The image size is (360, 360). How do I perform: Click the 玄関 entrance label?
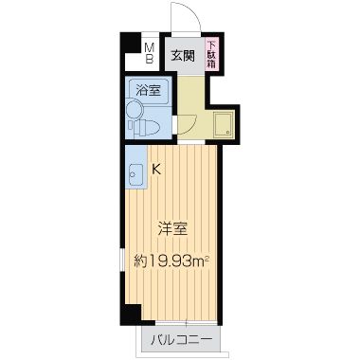click(183, 55)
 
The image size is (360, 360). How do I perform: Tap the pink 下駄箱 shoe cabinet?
click(212, 56)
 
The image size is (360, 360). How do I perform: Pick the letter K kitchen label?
click(157, 171)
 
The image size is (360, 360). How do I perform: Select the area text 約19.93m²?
click(171, 259)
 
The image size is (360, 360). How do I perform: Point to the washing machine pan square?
click(224, 125)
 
